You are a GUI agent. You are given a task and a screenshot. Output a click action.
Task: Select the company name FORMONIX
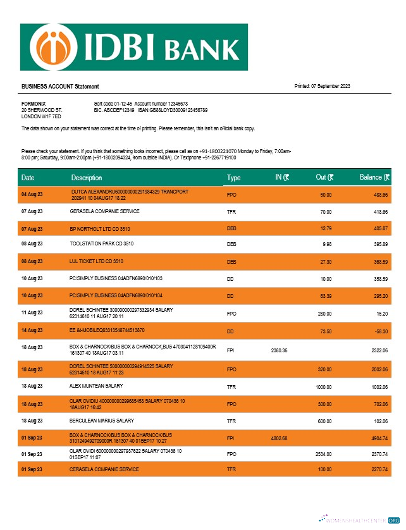33,103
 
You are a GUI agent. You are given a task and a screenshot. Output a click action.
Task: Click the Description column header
86,178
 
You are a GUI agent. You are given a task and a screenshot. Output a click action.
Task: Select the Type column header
233,178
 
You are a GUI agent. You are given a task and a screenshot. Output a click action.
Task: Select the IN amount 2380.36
279,350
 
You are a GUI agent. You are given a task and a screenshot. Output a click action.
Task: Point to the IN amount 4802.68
279,438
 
